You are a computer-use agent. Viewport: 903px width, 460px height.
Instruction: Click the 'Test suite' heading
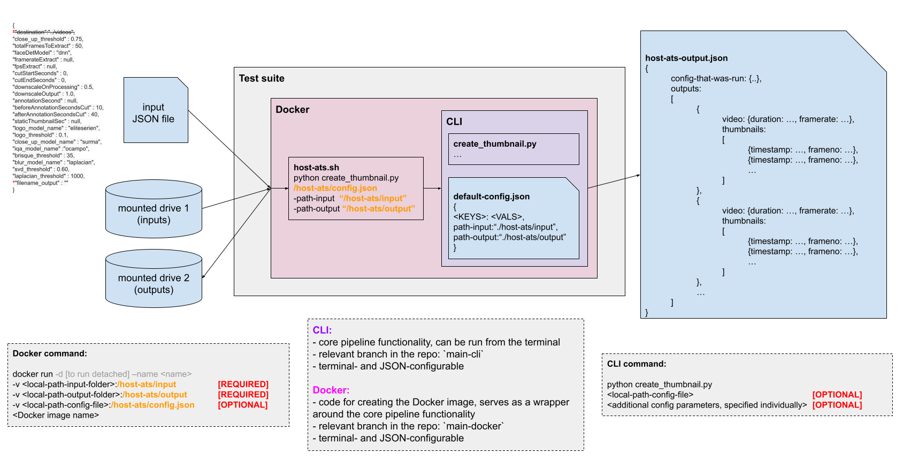pyautogui.click(x=261, y=79)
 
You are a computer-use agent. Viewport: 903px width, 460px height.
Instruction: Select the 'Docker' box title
pyautogui.click(x=292, y=110)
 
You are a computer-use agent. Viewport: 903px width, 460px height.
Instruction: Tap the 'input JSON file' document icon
pyautogui.click(x=155, y=111)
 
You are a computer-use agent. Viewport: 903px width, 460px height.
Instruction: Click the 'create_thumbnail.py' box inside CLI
pyautogui.click(x=513, y=149)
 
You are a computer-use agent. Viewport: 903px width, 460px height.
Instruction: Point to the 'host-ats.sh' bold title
pyautogui.click(x=316, y=168)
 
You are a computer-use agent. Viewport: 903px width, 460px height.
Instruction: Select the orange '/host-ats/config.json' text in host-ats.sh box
pyautogui.click(x=335, y=188)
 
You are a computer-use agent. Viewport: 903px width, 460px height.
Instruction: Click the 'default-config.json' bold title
pyautogui.click(x=491, y=197)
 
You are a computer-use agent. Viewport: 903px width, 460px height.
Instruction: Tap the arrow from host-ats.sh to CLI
pyautogui.click(x=432, y=188)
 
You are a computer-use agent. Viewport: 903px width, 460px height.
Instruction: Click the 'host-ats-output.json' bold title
pyautogui.click(x=686, y=58)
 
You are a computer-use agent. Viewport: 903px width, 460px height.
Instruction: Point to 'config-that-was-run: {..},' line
pyautogui.click(x=716, y=79)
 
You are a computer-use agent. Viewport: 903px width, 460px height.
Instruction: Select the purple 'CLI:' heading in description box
pyautogui.click(x=322, y=330)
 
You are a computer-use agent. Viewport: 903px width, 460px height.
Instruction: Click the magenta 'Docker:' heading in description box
pyautogui.click(x=331, y=390)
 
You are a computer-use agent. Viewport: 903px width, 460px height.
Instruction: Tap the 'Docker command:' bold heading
pyautogui.click(x=50, y=353)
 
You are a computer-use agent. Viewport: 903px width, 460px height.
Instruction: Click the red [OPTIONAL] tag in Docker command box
pyautogui.click(x=242, y=405)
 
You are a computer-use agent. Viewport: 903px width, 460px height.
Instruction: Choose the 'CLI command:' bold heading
pyautogui.click(x=636, y=364)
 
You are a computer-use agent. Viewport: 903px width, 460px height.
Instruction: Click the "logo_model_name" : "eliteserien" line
pyautogui.click(x=56, y=129)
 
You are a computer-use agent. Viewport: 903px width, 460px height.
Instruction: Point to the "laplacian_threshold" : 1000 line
pyautogui.click(x=49, y=176)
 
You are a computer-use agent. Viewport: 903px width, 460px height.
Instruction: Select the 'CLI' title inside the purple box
pyautogui.click(x=454, y=122)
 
